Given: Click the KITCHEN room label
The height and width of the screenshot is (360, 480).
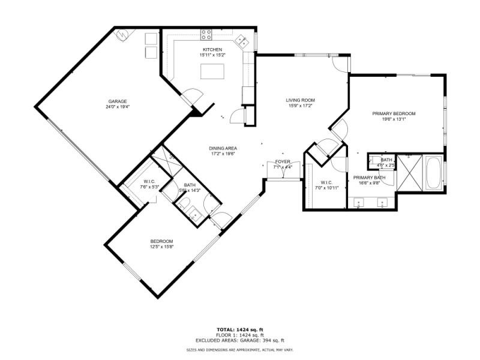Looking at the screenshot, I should (212, 50).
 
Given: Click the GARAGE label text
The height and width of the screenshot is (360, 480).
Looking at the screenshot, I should (117, 101).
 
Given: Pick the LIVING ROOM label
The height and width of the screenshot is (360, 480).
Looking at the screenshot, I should (300, 100).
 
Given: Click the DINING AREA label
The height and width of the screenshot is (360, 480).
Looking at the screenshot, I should (223, 148).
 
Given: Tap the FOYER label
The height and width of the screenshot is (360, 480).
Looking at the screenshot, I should (283, 162).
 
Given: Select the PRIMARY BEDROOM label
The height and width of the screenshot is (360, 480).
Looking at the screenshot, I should (394, 113).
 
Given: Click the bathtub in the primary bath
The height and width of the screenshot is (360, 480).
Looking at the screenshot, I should (433, 174).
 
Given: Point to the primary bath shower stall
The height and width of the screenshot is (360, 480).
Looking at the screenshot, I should (410, 174).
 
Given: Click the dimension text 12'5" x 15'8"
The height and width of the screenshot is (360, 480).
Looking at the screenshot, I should (161, 247).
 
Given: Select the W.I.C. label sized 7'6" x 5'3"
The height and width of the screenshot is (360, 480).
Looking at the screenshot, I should (150, 182).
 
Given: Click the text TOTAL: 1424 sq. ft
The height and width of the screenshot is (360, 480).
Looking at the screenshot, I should (239, 329).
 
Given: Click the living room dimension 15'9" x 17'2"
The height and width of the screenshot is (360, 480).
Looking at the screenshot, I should (300, 106).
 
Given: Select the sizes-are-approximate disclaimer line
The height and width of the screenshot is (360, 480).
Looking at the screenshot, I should (239, 349).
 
